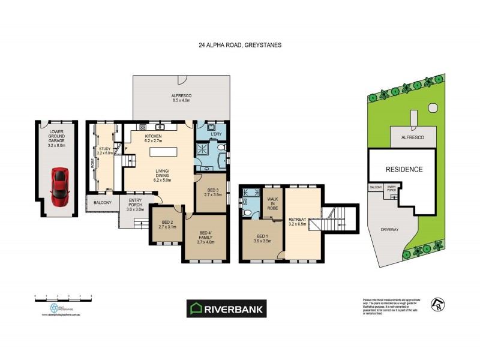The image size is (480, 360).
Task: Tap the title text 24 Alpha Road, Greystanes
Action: [x=240, y=44]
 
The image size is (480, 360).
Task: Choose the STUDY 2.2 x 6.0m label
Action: [x=106, y=151]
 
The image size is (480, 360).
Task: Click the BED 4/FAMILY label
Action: [x=206, y=238]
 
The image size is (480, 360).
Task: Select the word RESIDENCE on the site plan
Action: [x=404, y=169]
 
